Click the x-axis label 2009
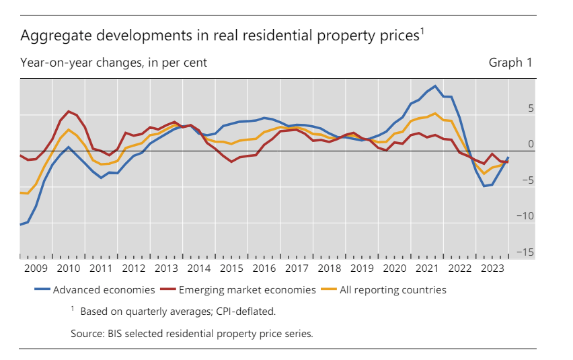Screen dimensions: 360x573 click(x=36, y=268)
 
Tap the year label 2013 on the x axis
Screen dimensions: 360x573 click(x=165, y=268)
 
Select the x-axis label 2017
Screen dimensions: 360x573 click(x=297, y=268)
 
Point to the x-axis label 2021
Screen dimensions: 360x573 click(x=428, y=268)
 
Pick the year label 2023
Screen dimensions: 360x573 click(x=493, y=268)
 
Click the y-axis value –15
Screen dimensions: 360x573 click(x=524, y=252)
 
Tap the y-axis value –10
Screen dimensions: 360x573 click(x=524, y=216)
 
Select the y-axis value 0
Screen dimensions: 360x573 click(x=530, y=144)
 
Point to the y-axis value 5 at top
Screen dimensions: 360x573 click(x=530, y=108)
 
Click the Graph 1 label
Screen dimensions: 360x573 click(x=510, y=63)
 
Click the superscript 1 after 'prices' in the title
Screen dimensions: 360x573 click(x=422, y=30)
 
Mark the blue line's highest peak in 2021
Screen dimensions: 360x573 click(x=435, y=86)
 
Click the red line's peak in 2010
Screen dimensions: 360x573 click(x=69, y=111)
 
